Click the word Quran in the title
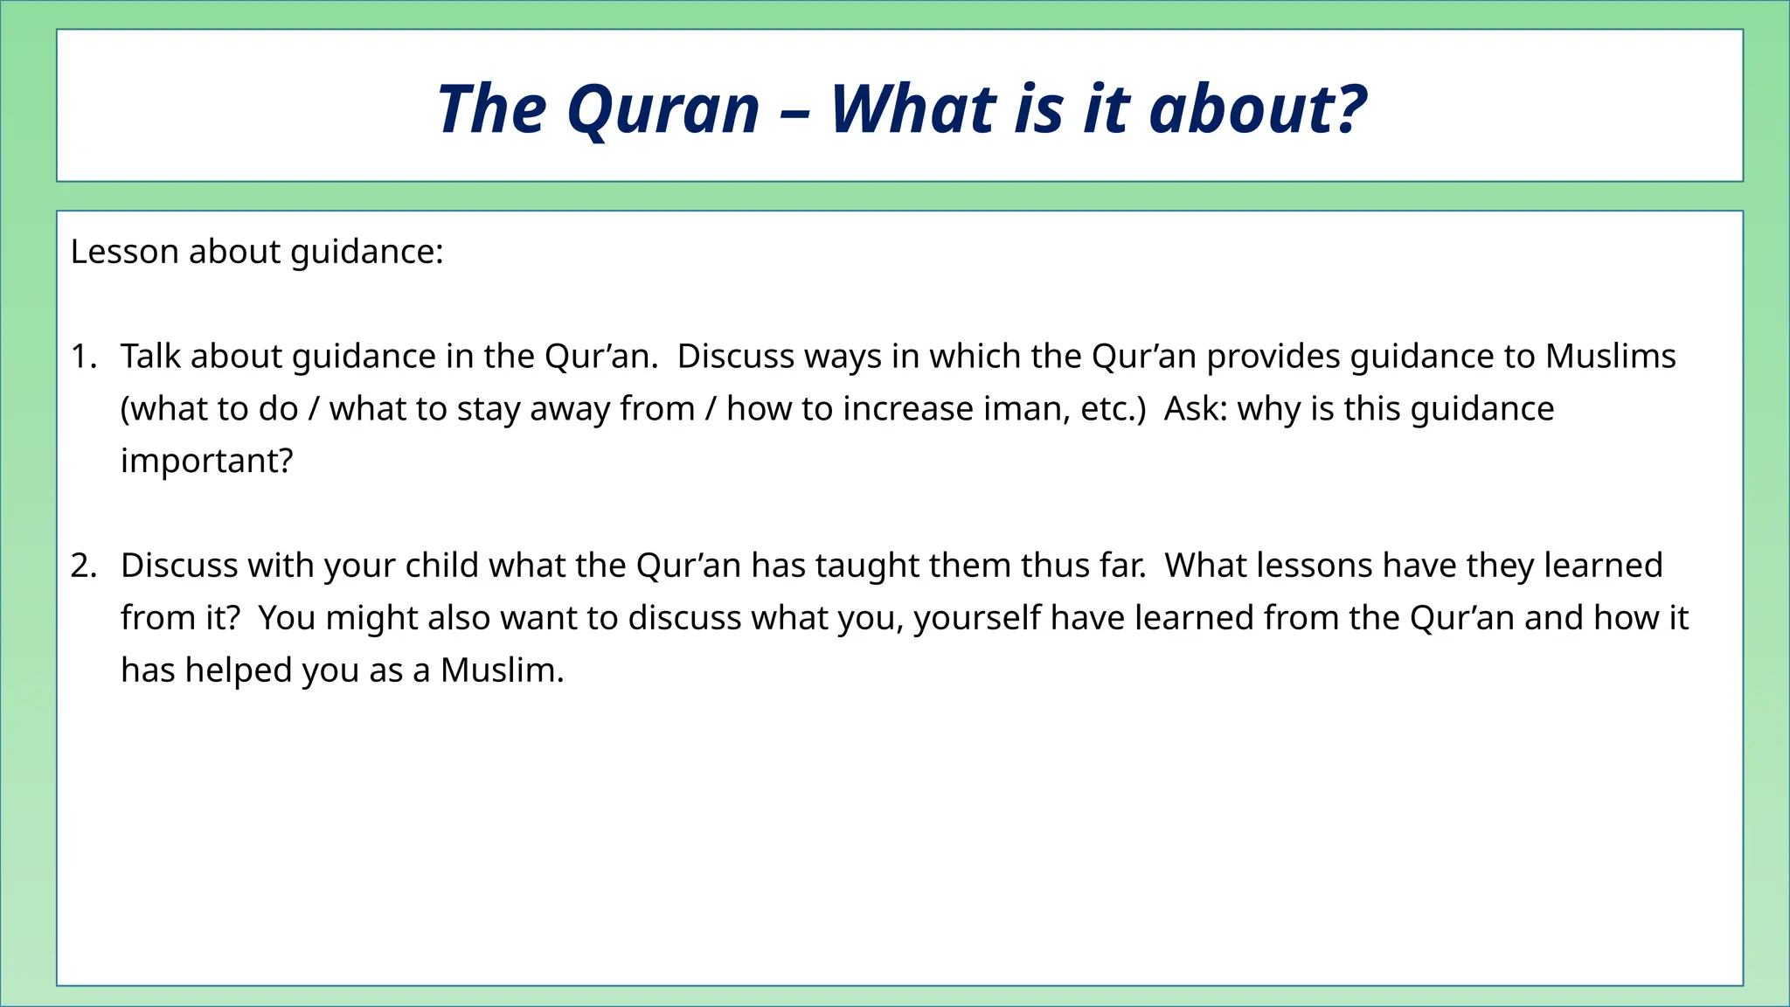pyautogui.click(x=663, y=110)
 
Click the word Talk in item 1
pyautogui.click(x=149, y=357)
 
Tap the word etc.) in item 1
pyautogui.click(x=1113, y=409)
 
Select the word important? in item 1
pyautogui.click(x=206, y=461)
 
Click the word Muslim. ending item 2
pyautogui.click(x=502, y=670)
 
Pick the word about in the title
pyautogui.click(x=1231, y=110)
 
